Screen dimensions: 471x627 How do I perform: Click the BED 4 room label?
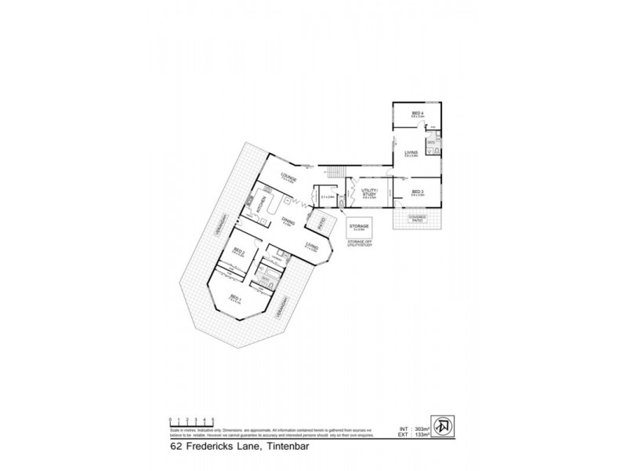pos(417,115)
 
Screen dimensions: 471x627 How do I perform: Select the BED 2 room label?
pos(239,252)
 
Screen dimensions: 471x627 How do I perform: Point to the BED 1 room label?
pos(234,298)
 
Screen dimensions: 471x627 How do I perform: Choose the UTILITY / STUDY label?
pos(368,193)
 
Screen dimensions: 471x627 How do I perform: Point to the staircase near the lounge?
pos(335,170)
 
